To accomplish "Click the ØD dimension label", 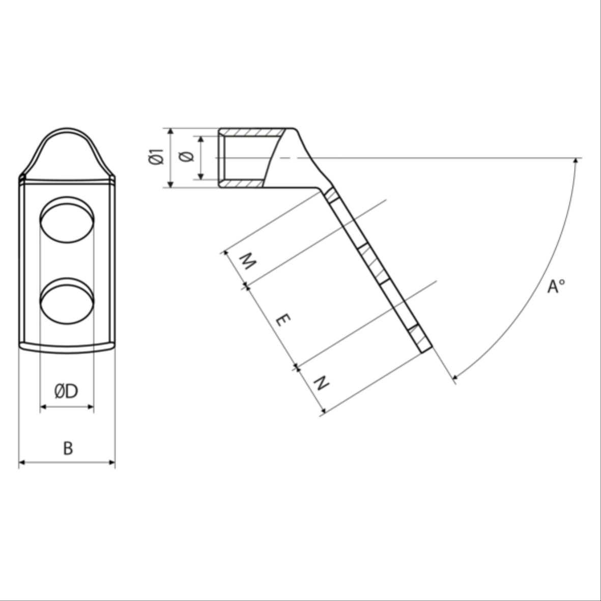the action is tap(66, 391).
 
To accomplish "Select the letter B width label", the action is tap(68, 448).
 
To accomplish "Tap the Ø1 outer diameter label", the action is tap(156, 156).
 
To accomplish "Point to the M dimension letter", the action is tap(248, 262).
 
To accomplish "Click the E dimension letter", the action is tap(283, 320).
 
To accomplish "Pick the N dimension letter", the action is tap(321, 383).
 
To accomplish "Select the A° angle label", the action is tap(556, 287).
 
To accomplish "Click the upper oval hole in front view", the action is tap(67, 220).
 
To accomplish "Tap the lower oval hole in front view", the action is tap(67, 301).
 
